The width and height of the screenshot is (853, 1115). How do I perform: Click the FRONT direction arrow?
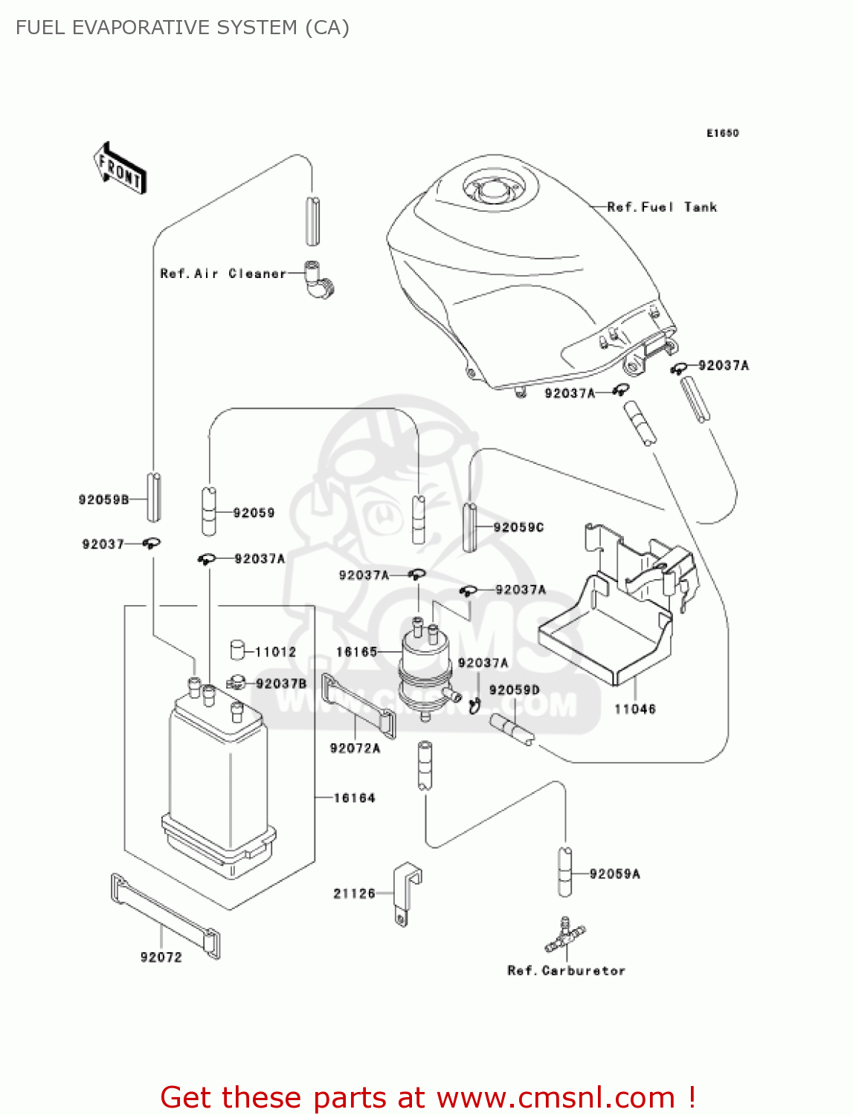point(120,169)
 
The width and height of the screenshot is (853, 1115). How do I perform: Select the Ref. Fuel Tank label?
point(662,207)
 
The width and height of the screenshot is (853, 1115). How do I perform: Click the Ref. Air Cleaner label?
point(223,274)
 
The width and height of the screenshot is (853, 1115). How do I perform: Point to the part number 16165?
point(357,652)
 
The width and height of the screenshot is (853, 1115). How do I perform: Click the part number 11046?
point(635,709)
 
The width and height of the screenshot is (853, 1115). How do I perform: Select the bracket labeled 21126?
point(407,892)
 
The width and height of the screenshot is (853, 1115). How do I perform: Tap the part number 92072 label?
point(161,957)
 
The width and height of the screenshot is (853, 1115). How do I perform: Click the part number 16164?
point(355,798)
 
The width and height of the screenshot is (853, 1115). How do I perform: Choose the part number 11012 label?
point(276,652)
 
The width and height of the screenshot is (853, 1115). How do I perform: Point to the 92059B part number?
point(104,500)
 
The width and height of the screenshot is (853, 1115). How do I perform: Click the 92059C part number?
point(519,527)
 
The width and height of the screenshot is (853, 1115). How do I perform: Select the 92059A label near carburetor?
point(615,874)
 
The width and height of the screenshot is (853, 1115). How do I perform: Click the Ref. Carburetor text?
point(567,971)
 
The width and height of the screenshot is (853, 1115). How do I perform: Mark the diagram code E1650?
point(722,133)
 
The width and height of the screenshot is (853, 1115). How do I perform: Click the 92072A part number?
point(355,749)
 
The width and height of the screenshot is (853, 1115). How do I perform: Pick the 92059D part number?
point(515,690)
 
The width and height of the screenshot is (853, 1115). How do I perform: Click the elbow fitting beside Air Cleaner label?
point(319,279)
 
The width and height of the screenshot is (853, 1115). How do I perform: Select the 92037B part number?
point(281,683)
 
